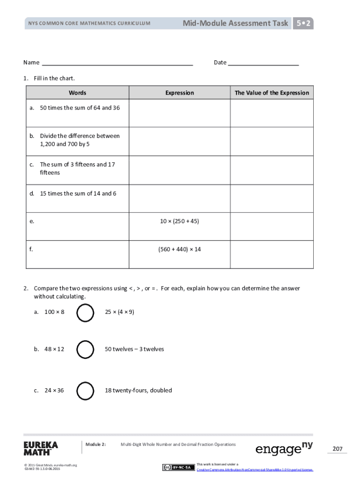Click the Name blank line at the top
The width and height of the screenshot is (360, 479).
tap(117, 63)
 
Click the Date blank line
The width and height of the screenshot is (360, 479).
tap(263, 63)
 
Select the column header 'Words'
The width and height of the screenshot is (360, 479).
tap(77, 93)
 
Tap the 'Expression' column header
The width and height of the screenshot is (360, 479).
tap(180, 93)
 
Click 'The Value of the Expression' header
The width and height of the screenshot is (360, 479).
tap(272, 93)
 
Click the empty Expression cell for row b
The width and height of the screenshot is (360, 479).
tap(180, 141)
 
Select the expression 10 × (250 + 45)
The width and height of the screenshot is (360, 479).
tap(180, 221)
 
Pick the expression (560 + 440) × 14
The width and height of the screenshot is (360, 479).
tap(180, 249)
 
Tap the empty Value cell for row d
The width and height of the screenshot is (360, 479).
tap(272, 198)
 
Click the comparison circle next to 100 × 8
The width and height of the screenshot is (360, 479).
tap(85, 313)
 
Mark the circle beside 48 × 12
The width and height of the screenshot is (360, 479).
tap(85, 349)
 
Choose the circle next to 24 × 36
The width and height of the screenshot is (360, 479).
tap(85, 391)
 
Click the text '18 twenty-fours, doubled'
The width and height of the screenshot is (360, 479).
tap(138, 390)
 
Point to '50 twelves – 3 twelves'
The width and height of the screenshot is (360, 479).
tap(135, 349)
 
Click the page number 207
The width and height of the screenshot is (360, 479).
tap(338, 449)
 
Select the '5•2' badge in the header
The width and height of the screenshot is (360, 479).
tap(303, 23)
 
